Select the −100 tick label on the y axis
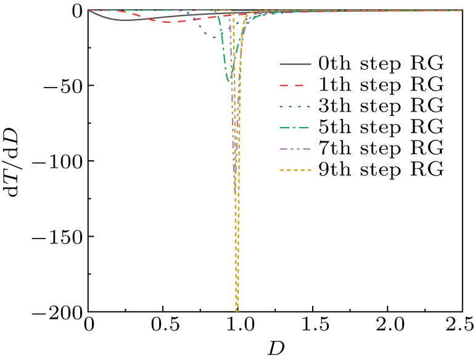[59, 161]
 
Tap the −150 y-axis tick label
[59, 236]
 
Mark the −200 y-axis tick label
[59, 313]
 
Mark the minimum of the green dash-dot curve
[228, 81]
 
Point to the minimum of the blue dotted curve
[214, 38]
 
